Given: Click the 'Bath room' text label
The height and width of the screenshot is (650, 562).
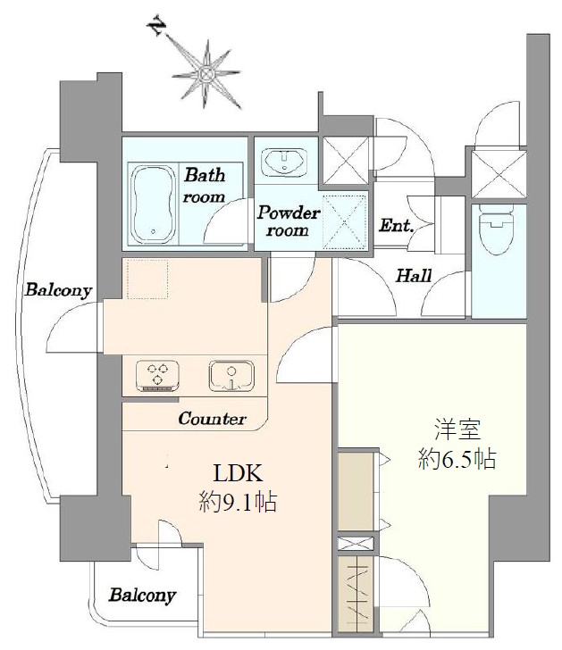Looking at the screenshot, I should [204, 185].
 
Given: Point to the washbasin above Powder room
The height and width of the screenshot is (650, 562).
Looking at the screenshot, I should [285, 162].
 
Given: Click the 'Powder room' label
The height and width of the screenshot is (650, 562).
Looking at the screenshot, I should [288, 221].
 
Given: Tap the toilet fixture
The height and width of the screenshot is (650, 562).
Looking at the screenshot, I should [493, 231].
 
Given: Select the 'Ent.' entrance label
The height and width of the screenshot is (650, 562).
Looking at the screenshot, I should [396, 226].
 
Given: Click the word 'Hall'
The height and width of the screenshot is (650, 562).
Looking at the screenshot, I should [414, 276].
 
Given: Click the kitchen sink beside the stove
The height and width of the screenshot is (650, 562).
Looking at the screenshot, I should [232, 375].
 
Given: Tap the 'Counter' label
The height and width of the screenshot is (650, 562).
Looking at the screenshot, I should [212, 418].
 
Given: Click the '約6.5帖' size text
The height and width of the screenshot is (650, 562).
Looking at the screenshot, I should [457, 461].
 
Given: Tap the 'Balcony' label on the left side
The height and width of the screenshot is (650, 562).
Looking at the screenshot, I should [58, 290].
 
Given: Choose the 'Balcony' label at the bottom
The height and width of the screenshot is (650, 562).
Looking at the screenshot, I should [143, 595].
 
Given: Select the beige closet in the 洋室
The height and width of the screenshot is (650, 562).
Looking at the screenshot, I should [357, 492].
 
